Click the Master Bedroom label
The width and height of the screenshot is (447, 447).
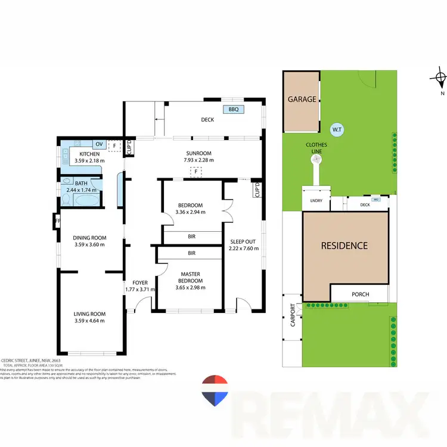[190, 278]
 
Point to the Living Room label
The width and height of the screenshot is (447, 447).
[89, 314]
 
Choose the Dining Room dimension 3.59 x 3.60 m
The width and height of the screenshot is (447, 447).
[89, 244]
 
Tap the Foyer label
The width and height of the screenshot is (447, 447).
[140, 283]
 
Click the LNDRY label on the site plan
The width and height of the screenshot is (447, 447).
[316, 201]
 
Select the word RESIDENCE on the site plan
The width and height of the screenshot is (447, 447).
[344, 246]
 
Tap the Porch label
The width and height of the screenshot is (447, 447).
[360, 294]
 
